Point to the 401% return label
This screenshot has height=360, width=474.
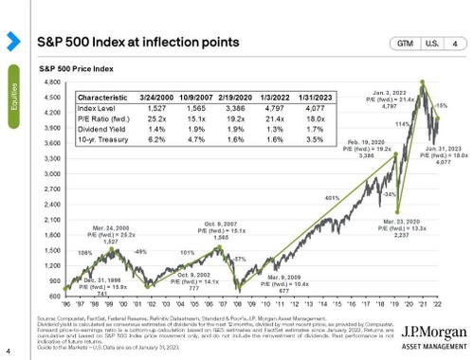point(305,198)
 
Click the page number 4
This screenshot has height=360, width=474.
point(8,352)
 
